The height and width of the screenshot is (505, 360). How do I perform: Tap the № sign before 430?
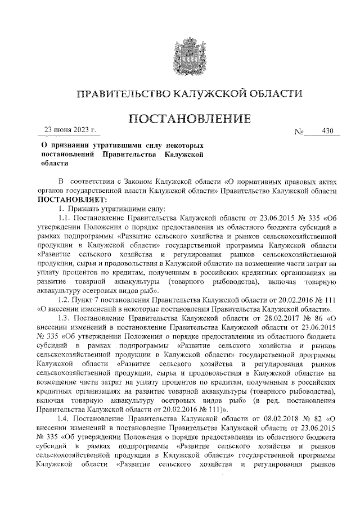299,133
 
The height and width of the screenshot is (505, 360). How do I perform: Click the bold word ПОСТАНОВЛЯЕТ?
71,199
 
